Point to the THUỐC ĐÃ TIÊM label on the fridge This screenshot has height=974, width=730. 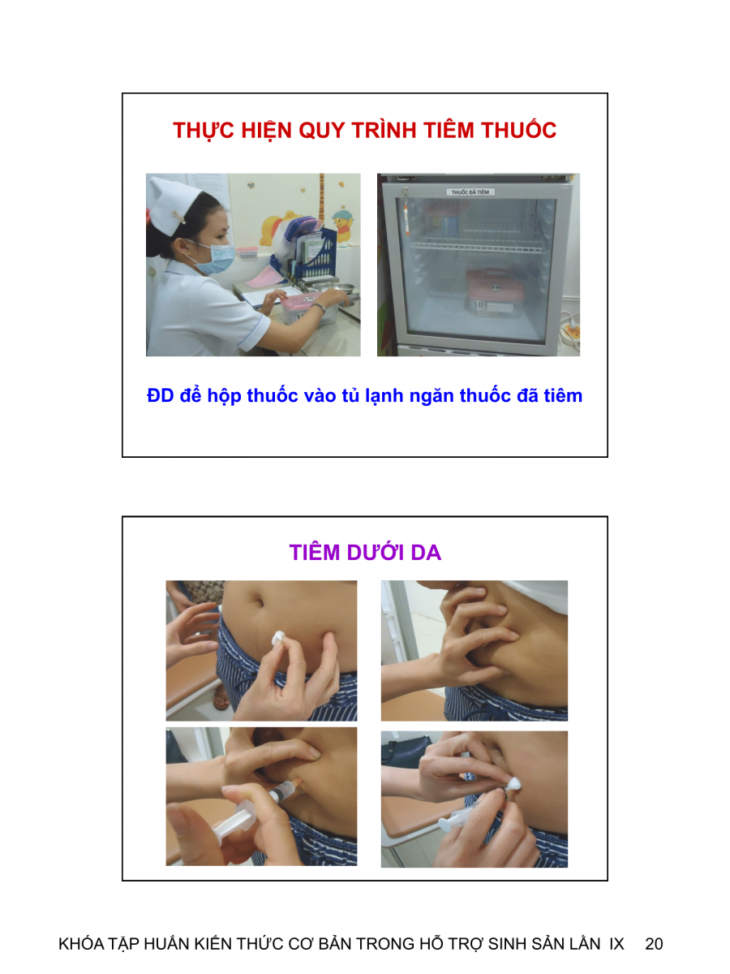(470, 192)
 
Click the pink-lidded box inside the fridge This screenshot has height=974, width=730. (494, 291)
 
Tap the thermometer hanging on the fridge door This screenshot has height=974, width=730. (406, 213)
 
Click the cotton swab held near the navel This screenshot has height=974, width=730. (279, 639)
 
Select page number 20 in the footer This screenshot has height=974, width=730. (654, 944)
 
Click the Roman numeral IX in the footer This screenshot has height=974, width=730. (616, 944)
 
